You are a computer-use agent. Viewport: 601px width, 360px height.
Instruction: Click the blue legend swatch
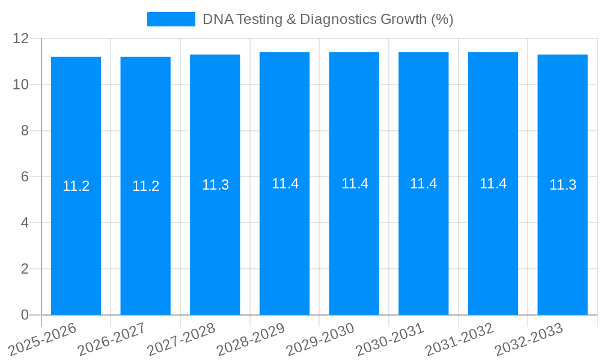(x=171, y=19)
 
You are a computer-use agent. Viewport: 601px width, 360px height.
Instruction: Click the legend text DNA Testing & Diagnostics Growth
(x=328, y=19)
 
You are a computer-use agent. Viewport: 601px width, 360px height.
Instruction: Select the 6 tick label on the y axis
(x=25, y=176)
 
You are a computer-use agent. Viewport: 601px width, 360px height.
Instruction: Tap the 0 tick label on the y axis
(x=25, y=315)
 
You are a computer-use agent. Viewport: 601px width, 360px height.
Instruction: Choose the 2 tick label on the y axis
(x=25, y=269)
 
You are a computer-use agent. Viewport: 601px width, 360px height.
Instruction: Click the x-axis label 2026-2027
(x=112, y=340)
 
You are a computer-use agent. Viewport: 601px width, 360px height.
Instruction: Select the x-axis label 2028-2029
(x=251, y=340)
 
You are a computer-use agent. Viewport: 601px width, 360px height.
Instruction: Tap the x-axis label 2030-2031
(x=390, y=340)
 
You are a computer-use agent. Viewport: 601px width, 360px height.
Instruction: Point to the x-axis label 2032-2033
(x=529, y=340)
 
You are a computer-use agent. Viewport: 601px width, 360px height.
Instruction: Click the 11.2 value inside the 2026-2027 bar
(x=145, y=186)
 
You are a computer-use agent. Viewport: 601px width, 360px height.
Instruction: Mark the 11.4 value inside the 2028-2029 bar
(x=285, y=184)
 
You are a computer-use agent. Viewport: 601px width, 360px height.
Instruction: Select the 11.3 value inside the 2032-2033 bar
(x=563, y=185)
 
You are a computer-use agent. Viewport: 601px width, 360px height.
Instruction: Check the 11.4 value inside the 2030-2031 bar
(x=423, y=184)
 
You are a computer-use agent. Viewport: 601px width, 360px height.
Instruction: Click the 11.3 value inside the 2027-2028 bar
(x=215, y=185)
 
